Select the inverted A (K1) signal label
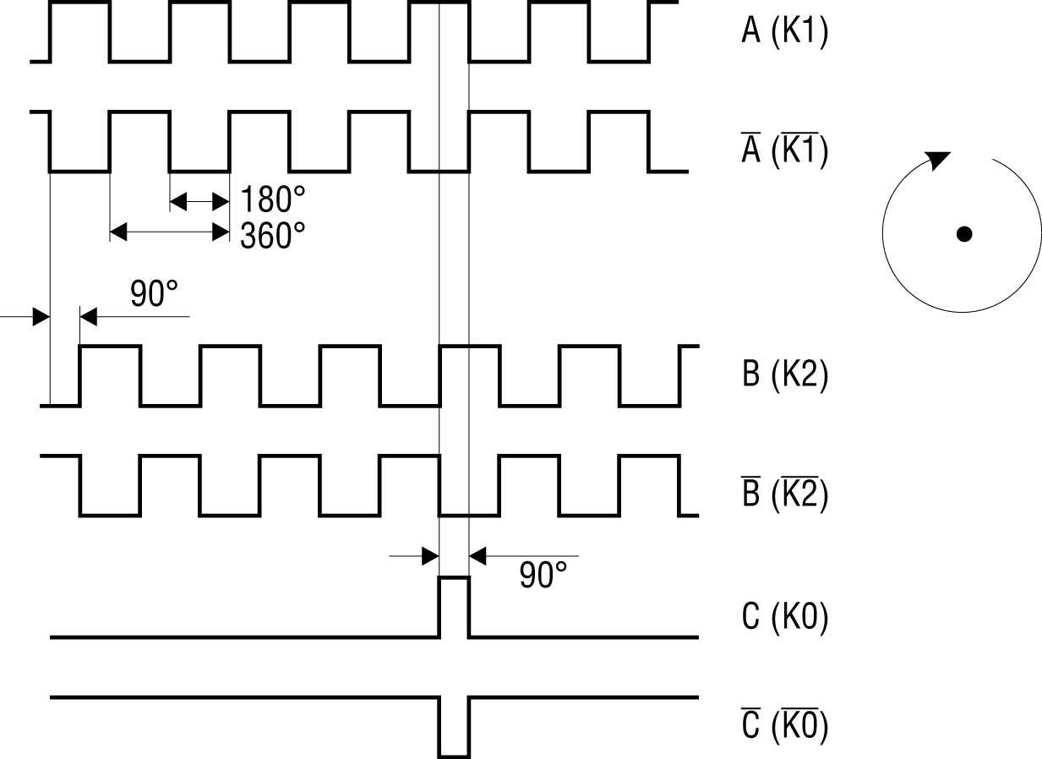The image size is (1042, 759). (784, 150)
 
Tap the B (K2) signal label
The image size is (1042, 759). (784, 374)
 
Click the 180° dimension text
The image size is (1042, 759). (272, 201)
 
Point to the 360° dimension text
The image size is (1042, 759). (272, 236)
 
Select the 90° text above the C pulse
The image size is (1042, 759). (543, 576)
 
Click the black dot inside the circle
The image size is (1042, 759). (963, 234)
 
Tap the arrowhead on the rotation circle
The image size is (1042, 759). (937, 160)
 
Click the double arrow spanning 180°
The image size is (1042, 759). (199, 201)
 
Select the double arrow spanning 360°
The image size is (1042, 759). (170, 231)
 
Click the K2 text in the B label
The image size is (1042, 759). (800, 374)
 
